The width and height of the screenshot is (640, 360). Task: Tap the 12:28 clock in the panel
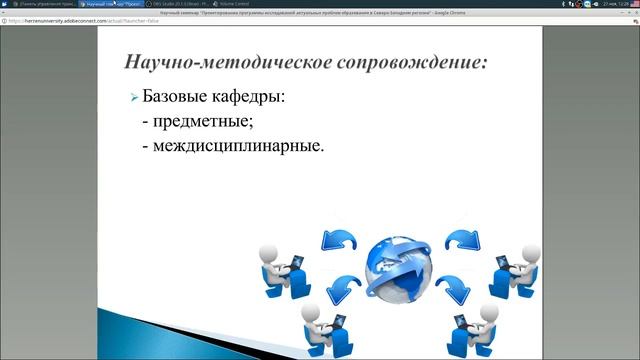pyautogui.click(x=624, y=4)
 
